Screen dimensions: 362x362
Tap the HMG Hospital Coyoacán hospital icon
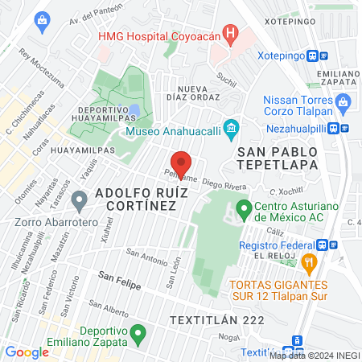click(x=231, y=35)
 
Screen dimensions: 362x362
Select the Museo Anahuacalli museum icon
click(x=231, y=128)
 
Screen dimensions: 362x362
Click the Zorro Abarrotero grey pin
click(x=79, y=199)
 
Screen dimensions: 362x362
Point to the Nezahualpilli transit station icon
click(x=343, y=127)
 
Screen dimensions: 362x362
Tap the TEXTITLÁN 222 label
click(x=216, y=319)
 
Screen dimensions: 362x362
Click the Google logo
click(x=27, y=352)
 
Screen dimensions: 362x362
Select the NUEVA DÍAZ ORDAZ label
click(x=199, y=93)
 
